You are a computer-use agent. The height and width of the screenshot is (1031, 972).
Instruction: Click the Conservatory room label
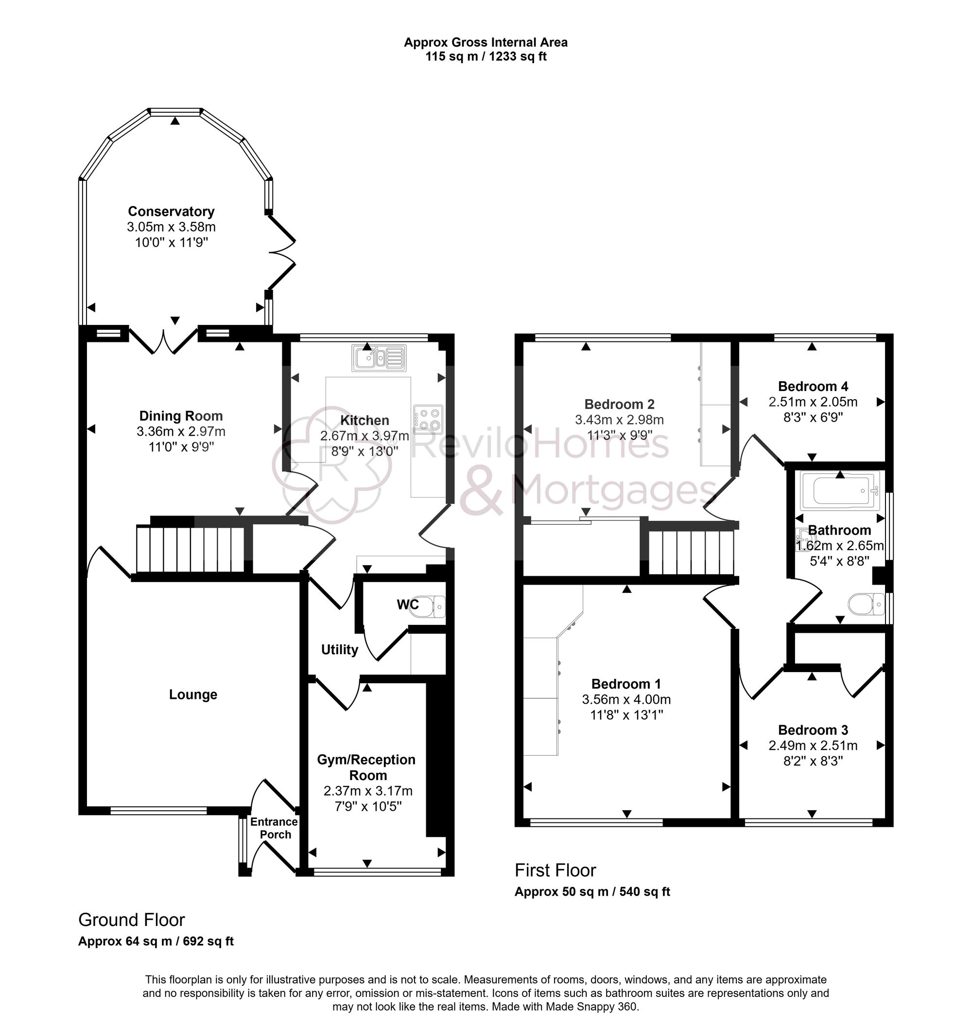171,212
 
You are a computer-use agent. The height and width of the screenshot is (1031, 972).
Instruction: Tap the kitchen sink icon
380,358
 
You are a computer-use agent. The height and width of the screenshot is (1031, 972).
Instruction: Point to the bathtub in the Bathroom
840,490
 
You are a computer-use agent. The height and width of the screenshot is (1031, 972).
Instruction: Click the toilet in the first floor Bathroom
866,604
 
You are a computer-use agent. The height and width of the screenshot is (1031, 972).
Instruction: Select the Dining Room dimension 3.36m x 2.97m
181,431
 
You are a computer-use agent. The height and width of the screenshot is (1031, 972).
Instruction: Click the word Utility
340,650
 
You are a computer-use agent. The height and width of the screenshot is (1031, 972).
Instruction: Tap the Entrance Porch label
274,828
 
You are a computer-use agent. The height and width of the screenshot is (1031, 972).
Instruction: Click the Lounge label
193,694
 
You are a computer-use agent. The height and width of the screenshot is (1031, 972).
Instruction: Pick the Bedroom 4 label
813,386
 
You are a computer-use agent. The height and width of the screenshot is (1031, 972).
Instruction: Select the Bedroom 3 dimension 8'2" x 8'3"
813,761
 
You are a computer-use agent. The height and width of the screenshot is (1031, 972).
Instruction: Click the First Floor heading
555,870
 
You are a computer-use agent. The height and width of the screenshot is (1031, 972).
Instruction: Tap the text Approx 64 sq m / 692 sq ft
156,942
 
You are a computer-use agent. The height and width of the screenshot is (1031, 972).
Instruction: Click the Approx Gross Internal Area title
485,42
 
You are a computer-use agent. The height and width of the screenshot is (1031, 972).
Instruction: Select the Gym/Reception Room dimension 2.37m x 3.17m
367,791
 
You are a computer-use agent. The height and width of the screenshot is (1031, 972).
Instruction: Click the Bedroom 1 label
626,684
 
